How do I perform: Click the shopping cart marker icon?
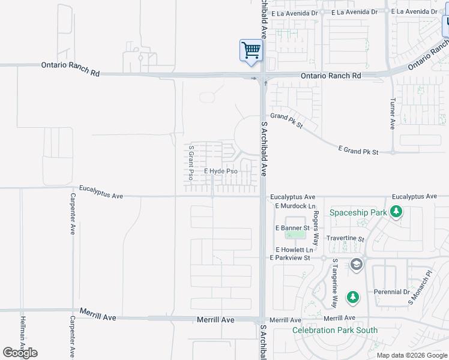(251, 50)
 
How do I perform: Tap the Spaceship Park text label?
(357, 212)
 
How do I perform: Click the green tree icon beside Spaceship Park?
(396, 212)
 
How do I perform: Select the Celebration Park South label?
(335, 330)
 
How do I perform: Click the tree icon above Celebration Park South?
(354, 297)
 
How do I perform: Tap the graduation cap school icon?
(357, 265)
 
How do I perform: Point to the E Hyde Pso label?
(221, 172)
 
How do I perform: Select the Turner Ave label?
(393, 114)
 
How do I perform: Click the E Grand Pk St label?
(358, 151)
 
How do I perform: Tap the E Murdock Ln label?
(294, 206)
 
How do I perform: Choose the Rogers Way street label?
(316, 221)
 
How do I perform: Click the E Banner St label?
(292, 228)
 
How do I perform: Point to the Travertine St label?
(345, 238)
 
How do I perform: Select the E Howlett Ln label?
(294, 250)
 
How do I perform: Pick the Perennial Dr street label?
(390, 292)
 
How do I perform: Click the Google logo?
(20, 353)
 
